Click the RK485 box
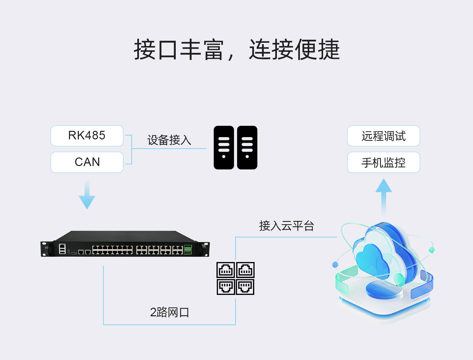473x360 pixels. coord(87,136)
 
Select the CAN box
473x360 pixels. coord(87,162)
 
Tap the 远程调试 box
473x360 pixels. coord(383,136)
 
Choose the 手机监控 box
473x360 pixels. coord(383,162)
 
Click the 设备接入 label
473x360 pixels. coord(169,140)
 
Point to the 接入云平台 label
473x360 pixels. coord(286,226)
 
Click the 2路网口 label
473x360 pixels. coord(169,312)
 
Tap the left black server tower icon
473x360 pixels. coord(224,148)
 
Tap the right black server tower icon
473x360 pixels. coord(247,148)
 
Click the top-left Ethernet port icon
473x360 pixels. coord(226,270)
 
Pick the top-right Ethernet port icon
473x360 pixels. coord(245,270)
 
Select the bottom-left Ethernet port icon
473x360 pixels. coord(226,286)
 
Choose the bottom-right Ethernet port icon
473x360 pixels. coord(245,286)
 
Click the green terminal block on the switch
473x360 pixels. coord(188,250)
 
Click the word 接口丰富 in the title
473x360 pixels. coord(179,50)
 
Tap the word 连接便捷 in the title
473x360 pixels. coord(294,50)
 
